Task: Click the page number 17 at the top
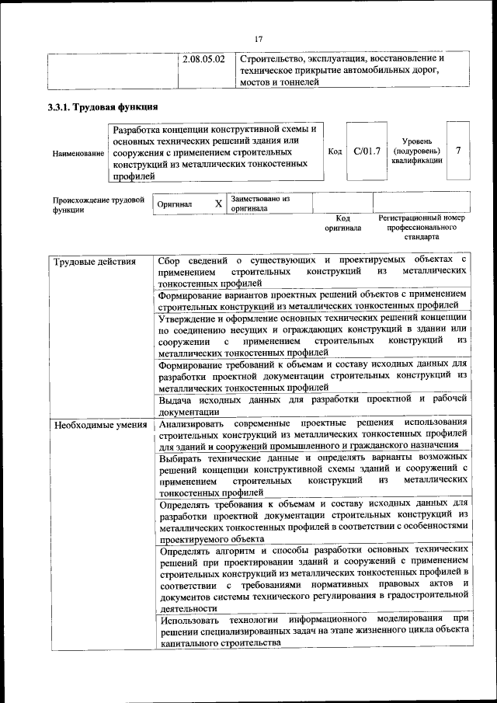coord(259,39)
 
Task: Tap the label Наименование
coord(78,153)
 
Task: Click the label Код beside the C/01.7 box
coord(335,151)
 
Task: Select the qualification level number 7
coord(458,151)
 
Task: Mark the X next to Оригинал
coord(218,204)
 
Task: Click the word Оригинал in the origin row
coord(174,204)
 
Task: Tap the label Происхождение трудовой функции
coord(99,204)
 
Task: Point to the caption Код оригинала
coord(342,224)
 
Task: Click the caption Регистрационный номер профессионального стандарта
coord(420,228)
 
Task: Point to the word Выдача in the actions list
coord(176,399)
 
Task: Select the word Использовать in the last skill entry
coord(188,621)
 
